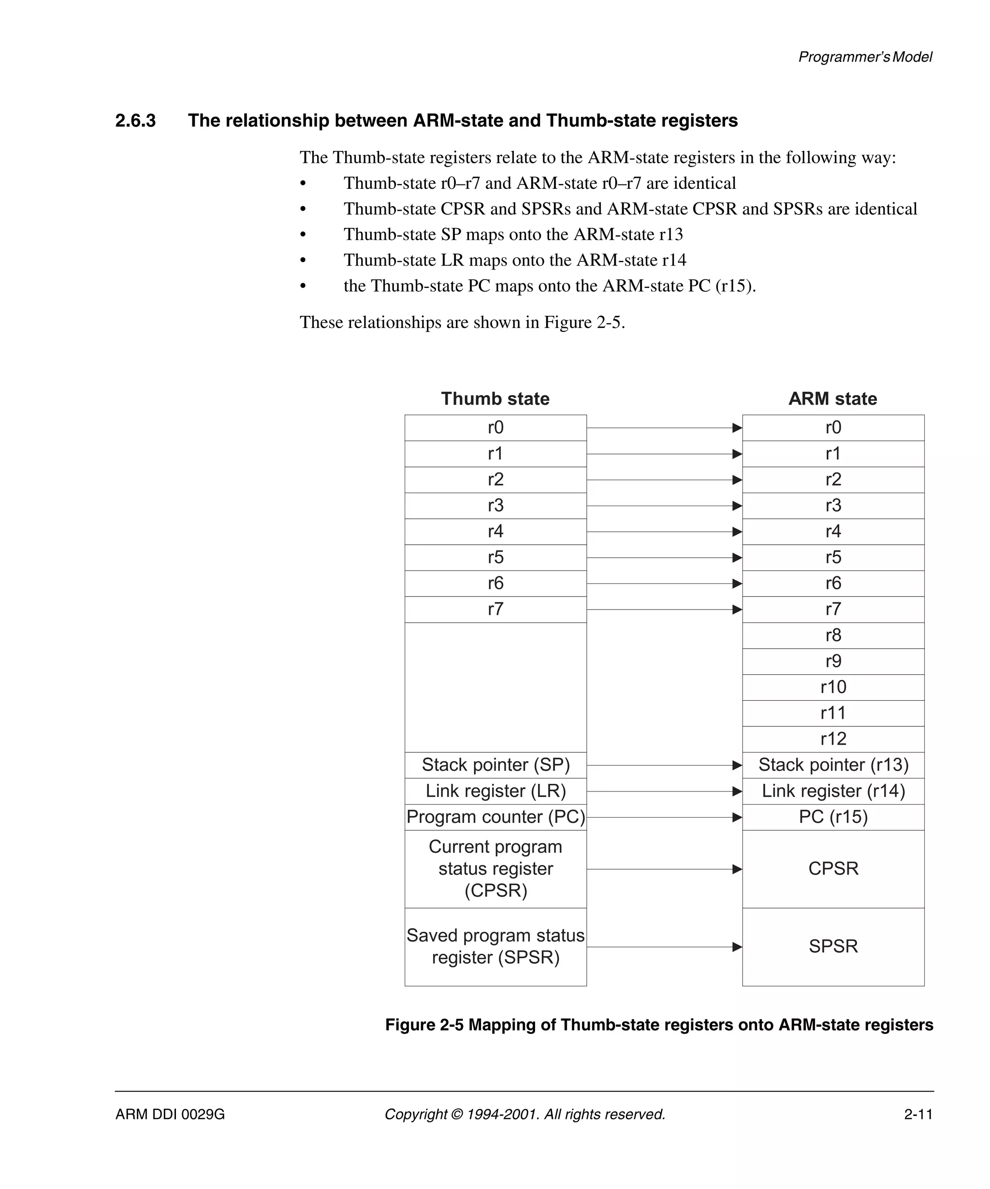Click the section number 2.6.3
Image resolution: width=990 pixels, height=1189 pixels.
click(135, 121)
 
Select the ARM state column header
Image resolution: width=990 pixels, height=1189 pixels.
click(832, 398)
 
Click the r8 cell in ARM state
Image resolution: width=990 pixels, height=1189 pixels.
click(832, 635)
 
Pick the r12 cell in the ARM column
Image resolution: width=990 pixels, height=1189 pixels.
click(832, 739)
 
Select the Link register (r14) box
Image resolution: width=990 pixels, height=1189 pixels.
click(832, 791)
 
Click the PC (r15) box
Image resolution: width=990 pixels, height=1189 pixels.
click(832, 817)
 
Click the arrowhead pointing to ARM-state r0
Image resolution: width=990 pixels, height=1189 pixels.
click(737, 428)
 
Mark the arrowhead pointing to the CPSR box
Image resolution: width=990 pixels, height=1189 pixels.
click(737, 869)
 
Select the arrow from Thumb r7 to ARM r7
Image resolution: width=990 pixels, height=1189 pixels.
click(663, 610)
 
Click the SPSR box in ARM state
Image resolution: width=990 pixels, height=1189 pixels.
click(832, 946)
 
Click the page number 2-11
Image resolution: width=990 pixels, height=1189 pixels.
click(918, 1114)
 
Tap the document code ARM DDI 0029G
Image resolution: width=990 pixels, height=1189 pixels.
click(170, 1114)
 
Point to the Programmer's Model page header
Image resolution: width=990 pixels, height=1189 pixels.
click(865, 57)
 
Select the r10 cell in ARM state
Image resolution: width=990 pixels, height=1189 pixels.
click(832, 687)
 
